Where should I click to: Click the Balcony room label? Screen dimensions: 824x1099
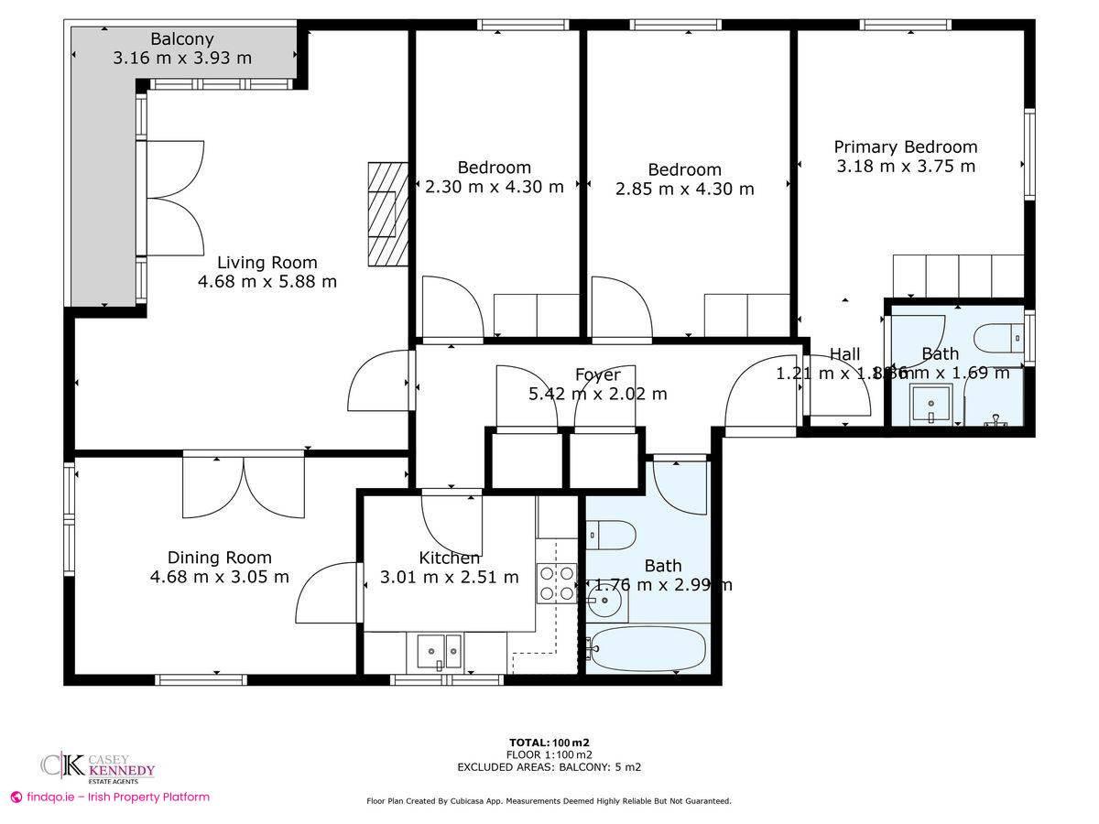181,38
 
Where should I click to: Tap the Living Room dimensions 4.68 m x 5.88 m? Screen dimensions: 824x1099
267,281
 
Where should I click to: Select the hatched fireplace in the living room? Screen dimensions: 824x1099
386,213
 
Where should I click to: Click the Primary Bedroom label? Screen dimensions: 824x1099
905,146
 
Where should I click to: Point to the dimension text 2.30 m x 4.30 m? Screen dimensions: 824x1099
495,187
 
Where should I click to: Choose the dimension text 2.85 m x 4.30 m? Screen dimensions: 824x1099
684,189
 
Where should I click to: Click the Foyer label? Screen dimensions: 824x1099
597,374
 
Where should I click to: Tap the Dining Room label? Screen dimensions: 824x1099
219,557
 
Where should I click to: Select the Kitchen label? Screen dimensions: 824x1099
449,558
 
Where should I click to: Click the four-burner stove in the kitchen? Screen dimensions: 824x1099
557,583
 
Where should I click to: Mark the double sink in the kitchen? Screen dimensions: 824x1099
440,651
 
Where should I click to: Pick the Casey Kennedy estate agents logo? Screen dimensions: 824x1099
97,767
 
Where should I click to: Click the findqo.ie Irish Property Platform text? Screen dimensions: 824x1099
110,797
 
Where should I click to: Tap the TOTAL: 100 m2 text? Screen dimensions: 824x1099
555,742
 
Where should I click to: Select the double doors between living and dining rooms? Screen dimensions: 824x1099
244,485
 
